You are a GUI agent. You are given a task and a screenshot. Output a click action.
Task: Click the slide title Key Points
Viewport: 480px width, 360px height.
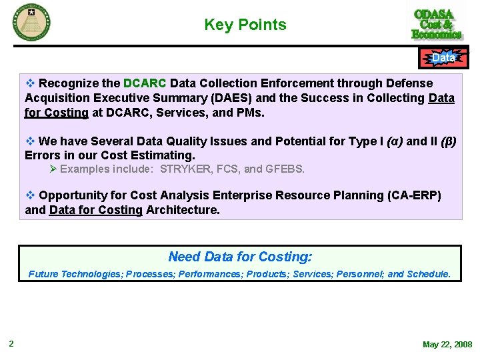(x=245, y=25)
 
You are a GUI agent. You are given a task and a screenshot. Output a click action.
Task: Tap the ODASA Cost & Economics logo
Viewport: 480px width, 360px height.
(x=437, y=24)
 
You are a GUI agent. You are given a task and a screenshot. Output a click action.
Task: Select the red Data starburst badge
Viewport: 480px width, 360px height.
(x=443, y=59)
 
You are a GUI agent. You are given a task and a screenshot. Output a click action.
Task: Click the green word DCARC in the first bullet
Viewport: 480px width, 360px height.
(x=145, y=83)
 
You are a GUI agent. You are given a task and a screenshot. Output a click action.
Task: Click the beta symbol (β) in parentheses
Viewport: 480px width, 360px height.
(x=449, y=141)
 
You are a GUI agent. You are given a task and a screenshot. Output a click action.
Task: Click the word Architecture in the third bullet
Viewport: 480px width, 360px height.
(x=183, y=210)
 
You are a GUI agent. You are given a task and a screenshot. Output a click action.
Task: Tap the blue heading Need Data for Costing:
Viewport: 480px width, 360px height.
(x=240, y=257)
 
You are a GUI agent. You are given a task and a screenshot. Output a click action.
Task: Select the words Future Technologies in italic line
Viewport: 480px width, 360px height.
(x=75, y=274)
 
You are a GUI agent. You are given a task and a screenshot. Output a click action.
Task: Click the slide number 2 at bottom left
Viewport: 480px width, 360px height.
(x=11, y=344)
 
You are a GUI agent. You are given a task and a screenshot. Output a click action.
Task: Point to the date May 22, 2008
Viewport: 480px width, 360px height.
(x=447, y=345)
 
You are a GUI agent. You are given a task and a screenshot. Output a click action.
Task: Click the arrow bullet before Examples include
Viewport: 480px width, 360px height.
(x=53, y=169)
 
